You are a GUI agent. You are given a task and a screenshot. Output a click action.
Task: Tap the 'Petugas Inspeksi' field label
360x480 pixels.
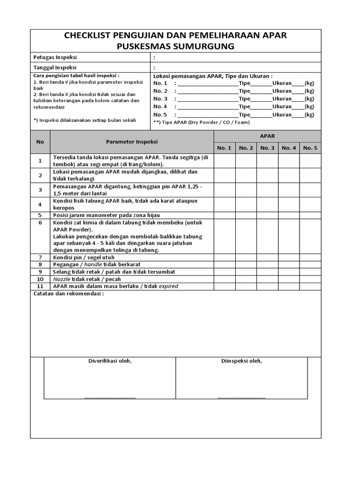55,57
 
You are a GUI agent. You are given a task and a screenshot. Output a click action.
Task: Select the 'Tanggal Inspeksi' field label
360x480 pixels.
56,67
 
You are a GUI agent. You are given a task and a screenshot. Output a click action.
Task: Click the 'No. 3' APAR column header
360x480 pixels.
267,148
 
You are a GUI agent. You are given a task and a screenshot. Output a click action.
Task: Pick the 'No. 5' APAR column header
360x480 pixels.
310,148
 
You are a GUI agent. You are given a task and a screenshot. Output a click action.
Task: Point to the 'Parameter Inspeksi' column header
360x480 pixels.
132,141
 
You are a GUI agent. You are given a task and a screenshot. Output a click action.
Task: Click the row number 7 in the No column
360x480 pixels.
40,257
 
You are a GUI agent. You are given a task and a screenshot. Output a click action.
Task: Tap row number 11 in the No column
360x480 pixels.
40,286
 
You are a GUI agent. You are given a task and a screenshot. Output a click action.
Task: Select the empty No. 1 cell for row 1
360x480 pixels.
224,161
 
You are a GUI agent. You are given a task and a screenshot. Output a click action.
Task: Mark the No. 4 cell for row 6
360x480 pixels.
289,236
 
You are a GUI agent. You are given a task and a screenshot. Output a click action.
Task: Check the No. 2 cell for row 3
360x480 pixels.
246,190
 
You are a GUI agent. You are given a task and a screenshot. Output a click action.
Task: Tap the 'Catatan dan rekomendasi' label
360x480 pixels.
68,294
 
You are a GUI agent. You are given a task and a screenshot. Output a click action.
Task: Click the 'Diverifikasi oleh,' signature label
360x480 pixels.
110,361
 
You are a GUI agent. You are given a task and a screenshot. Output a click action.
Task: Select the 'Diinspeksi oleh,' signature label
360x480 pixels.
241,361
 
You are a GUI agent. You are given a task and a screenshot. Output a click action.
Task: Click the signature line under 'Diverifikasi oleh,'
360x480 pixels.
110,397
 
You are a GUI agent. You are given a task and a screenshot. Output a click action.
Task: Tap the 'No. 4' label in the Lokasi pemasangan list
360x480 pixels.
160,106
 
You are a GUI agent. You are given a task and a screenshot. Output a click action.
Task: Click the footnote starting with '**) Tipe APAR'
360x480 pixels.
202,122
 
